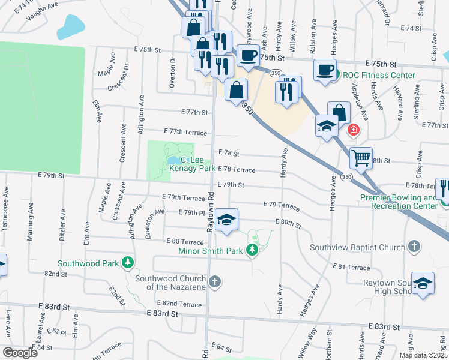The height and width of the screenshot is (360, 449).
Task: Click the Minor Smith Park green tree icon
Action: tap(253, 248)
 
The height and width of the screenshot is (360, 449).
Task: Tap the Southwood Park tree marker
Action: tap(127, 263)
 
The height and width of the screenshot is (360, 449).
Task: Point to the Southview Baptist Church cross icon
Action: tap(414, 247)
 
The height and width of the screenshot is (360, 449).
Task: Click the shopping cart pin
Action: tap(361, 158)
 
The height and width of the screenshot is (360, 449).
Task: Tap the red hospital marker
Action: tap(354, 129)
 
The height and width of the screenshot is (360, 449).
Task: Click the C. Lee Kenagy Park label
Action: tap(190, 164)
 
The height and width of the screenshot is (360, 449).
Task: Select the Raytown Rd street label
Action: tap(211, 212)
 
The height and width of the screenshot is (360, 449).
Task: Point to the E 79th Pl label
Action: tap(193, 213)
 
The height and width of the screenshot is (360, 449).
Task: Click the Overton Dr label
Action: tap(172, 73)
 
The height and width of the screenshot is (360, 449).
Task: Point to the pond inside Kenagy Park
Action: tap(173, 160)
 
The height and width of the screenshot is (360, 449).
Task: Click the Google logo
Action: tap(19, 353)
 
